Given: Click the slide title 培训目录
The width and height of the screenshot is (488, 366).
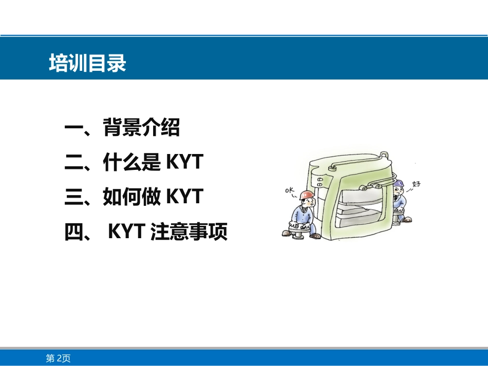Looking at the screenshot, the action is tap(87, 63).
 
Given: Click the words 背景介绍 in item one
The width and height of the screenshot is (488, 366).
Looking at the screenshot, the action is tap(142, 127).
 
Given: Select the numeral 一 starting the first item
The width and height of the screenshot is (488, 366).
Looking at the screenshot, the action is tap(74, 127).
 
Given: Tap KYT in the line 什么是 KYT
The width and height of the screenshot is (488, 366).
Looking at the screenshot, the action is tap(185, 162).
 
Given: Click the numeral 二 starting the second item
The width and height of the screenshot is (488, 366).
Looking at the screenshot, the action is tap(74, 162).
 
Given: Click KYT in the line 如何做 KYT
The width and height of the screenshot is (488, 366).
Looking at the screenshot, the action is tap(185, 196).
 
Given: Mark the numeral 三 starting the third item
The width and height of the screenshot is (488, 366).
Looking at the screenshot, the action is tap(74, 197).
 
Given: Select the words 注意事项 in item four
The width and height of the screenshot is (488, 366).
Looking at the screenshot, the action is tap(189, 231).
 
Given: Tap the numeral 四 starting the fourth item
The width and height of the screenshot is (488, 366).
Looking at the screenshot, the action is tap(74, 232).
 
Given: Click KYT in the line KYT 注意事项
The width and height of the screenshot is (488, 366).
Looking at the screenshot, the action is tap(126, 231).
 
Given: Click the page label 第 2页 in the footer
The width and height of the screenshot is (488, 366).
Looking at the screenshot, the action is tap(58, 358).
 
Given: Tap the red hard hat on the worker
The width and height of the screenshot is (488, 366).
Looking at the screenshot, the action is tap(307, 195).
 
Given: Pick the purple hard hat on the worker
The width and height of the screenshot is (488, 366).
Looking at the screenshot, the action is tap(398, 183).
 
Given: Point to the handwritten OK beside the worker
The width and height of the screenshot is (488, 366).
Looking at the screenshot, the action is tap(290, 190).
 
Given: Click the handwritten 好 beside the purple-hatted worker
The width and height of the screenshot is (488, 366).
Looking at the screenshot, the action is tap(416, 184).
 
